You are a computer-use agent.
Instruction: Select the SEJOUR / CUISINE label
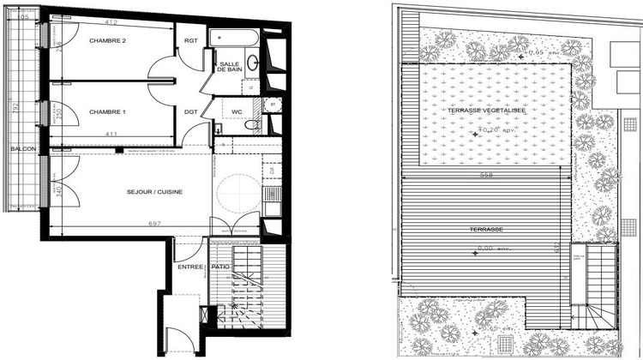coord(154,192)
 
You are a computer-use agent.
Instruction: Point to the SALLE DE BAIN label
coord(230,68)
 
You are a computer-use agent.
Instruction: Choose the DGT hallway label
coord(191,111)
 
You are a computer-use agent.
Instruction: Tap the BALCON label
coord(23,149)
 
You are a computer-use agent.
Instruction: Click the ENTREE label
coord(190,267)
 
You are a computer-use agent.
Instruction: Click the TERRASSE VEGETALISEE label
coord(486,111)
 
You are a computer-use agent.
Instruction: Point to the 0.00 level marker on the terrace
coord(487,249)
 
